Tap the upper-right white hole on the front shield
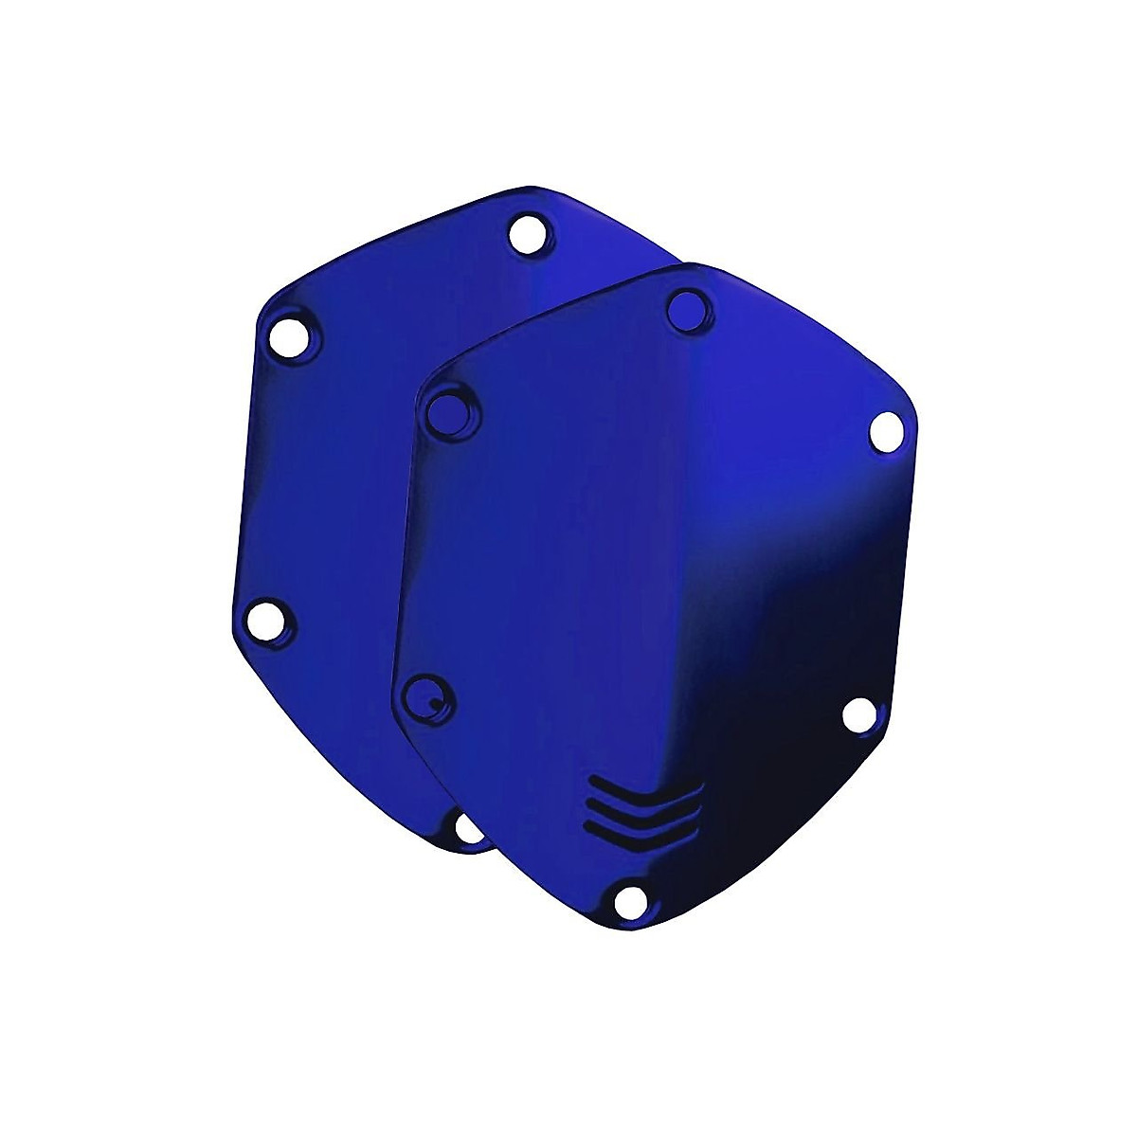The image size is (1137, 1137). pyautogui.click(x=885, y=429)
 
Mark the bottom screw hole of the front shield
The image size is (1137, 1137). pyautogui.click(x=625, y=901)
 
